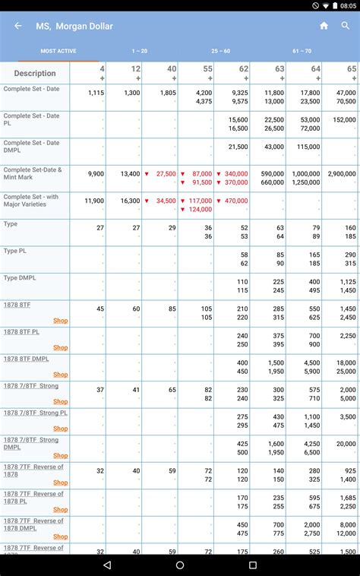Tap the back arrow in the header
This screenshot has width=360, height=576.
click(x=18, y=26)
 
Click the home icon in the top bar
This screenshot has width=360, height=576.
click(x=324, y=26)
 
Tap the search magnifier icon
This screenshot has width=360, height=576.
click(x=346, y=26)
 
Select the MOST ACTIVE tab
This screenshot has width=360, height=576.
click(x=58, y=51)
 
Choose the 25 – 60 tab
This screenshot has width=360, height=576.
click(x=221, y=51)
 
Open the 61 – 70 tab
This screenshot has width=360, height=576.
click(x=302, y=51)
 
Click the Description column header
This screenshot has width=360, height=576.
click(x=35, y=74)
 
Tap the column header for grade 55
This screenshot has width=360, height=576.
click(x=196, y=73)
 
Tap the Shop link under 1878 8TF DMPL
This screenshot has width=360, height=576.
click(x=61, y=375)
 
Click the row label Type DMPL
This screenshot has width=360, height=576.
click(x=21, y=278)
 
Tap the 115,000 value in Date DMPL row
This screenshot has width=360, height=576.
click(x=308, y=147)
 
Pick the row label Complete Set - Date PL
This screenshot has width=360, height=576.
click(x=31, y=119)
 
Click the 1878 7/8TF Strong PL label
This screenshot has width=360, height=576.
click(x=36, y=413)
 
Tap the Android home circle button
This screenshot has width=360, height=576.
click(x=180, y=565)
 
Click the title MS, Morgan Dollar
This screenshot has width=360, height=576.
click(x=74, y=26)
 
